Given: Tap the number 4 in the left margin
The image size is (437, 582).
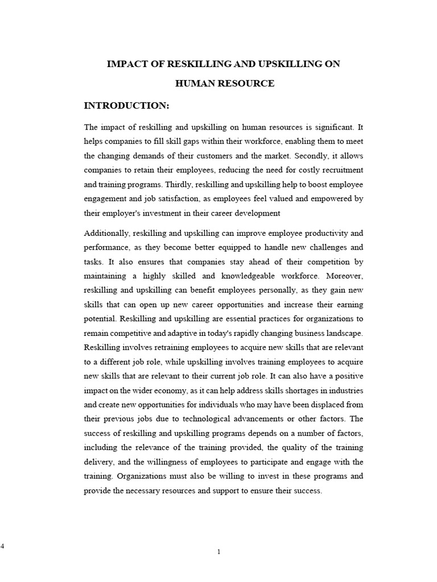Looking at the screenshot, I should tap(2, 546).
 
